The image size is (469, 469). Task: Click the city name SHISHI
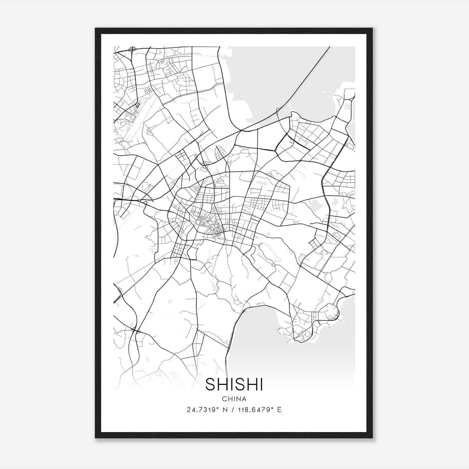coord(234,384)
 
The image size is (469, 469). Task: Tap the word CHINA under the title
coord(234,399)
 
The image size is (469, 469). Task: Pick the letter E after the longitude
coord(279,410)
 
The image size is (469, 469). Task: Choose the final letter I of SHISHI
coord(261,384)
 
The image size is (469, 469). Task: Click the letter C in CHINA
coord(224,399)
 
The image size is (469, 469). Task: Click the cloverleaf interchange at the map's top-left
coord(133,49)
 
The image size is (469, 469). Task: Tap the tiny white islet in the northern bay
coord(324,93)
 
